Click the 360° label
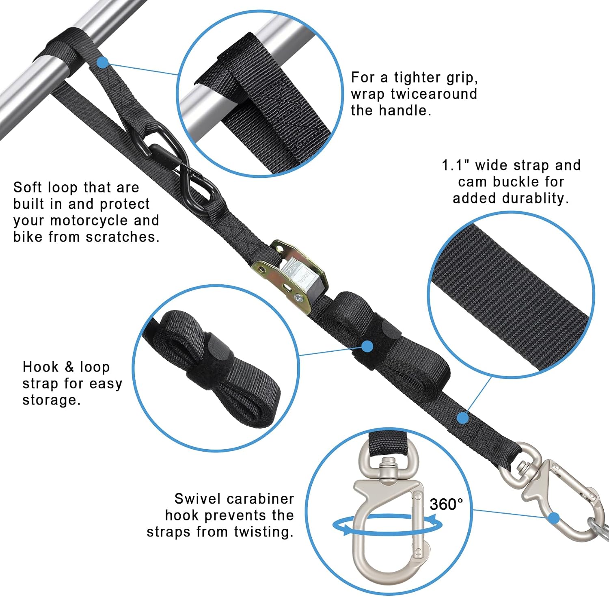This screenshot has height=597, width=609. click(446, 504)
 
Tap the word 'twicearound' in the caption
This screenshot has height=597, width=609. click(434, 94)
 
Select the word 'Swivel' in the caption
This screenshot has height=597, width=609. click(198, 498)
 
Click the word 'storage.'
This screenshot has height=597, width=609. click(52, 400)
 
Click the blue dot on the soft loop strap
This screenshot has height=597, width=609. click(103, 62)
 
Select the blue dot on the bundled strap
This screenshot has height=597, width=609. click(367, 346)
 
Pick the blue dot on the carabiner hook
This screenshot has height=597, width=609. click(554, 518)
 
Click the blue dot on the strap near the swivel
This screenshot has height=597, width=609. click(463, 417)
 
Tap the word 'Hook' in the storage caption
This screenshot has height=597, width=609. click(41, 367)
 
